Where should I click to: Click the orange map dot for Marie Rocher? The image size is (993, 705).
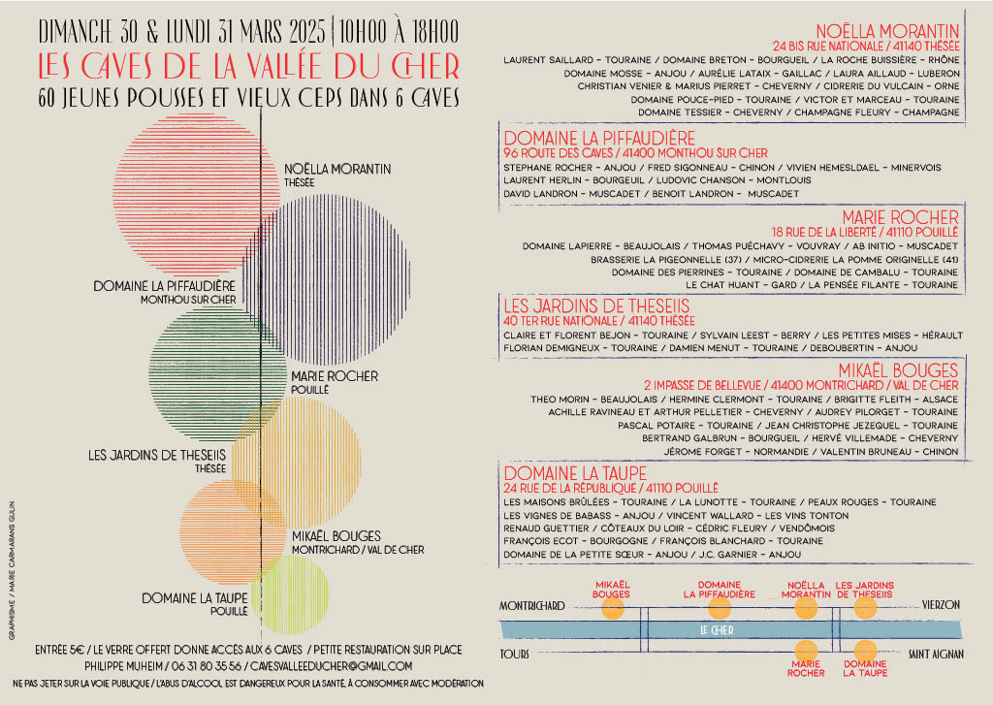point(806,651)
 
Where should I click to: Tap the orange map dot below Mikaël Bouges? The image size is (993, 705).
point(612,608)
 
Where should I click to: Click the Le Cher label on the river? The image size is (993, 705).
point(717,630)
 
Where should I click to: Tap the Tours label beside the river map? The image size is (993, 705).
point(515,655)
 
